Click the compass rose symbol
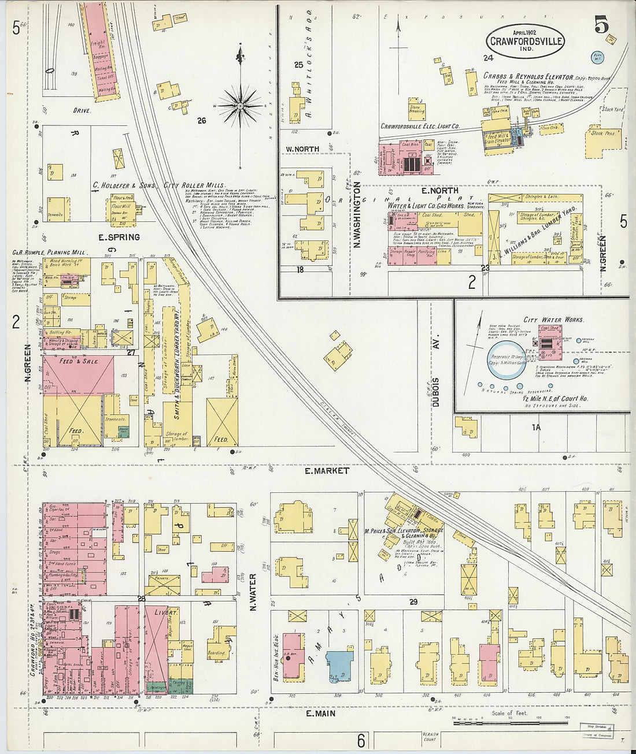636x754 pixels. [x=240, y=106]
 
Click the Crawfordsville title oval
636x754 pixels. [x=525, y=40]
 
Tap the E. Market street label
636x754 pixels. [x=327, y=470]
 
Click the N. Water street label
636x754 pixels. [x=253, y=592]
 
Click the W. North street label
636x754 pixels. [x=302, y=149]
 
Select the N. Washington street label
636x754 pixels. [x=357, y=216]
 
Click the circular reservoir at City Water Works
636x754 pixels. [x=506, y=359]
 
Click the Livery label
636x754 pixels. [x=165, y=612]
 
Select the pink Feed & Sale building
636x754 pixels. [x=78, y=374]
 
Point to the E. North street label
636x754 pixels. [x=439, y=190]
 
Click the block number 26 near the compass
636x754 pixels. [x=201, y=121]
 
